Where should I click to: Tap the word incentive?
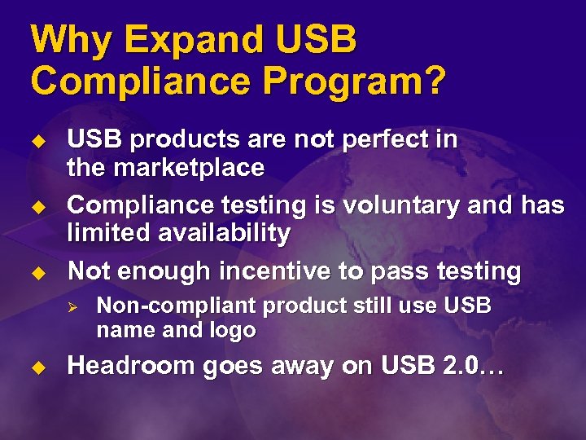tap(267, 271)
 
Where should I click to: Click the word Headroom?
tap(133, 367)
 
